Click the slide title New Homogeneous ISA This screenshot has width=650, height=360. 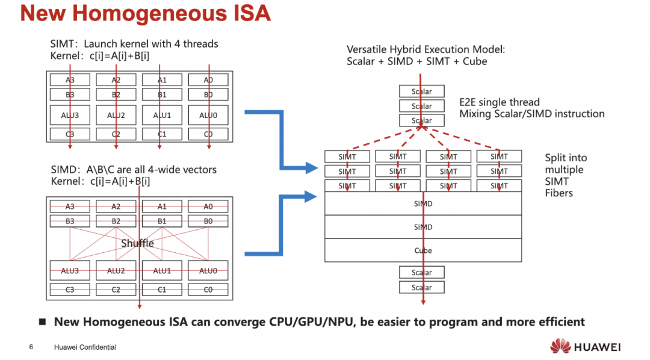point(145,13)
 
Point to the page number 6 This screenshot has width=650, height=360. point(31,347)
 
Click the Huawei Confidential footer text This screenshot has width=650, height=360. point(85,347)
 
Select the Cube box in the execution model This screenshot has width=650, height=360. point(423,250)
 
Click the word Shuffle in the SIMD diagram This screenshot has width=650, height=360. point(137,243)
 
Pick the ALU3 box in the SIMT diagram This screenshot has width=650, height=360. point(70,115)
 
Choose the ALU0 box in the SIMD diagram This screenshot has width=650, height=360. point(208,271)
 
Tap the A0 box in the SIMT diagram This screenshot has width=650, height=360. point(208,80)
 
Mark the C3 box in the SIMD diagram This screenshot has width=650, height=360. point(70,290)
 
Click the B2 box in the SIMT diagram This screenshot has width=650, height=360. point(116,95)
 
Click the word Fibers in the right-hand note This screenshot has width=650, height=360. point(559,193)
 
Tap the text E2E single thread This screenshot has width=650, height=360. point(500,102)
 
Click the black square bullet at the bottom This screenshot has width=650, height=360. point(43,322)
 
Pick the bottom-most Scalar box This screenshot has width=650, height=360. point(422,288)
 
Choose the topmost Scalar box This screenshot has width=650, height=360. point(422,92)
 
